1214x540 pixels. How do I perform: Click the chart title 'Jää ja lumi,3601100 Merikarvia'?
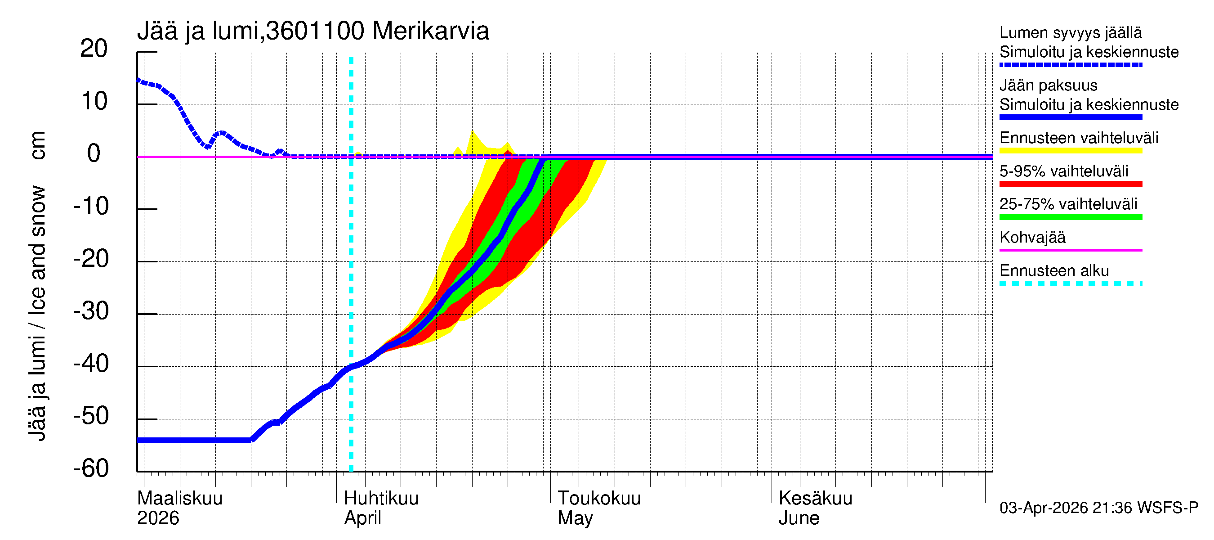click(x=313, y=31)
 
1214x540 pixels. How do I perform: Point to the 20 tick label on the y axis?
click(x=94, y=49)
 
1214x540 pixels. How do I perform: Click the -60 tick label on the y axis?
click(x=91, y=468)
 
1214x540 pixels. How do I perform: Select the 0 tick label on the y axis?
click(x=94, y=154)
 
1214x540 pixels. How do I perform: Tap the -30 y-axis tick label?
click(x=91, y=311)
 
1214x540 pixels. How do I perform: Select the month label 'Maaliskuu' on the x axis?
click(x=179, y=498)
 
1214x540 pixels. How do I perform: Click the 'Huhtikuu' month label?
click(x=381, y=498)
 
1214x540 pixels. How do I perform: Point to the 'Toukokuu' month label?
click(x=598, y=498)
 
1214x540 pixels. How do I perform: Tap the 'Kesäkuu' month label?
click(x=815, y=498)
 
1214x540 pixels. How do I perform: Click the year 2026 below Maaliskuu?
click(x=158, y=518)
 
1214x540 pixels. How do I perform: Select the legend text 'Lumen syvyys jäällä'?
click(x=1070, y=32)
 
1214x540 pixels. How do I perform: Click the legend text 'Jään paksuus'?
click(x=1048, y=85)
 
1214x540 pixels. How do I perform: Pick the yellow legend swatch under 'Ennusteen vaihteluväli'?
click(x=1070, y=151)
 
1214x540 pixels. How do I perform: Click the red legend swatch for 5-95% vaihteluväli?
click(x=1070, y=184)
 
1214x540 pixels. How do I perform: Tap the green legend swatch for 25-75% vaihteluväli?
click(x=1070, y=217)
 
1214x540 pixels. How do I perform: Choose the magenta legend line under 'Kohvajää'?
click(x=1070, y=250)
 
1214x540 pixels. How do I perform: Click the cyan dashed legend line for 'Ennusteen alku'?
click(x=1070, y=283)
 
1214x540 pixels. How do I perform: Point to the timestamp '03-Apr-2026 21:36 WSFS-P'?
click(x=1098, y=508)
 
